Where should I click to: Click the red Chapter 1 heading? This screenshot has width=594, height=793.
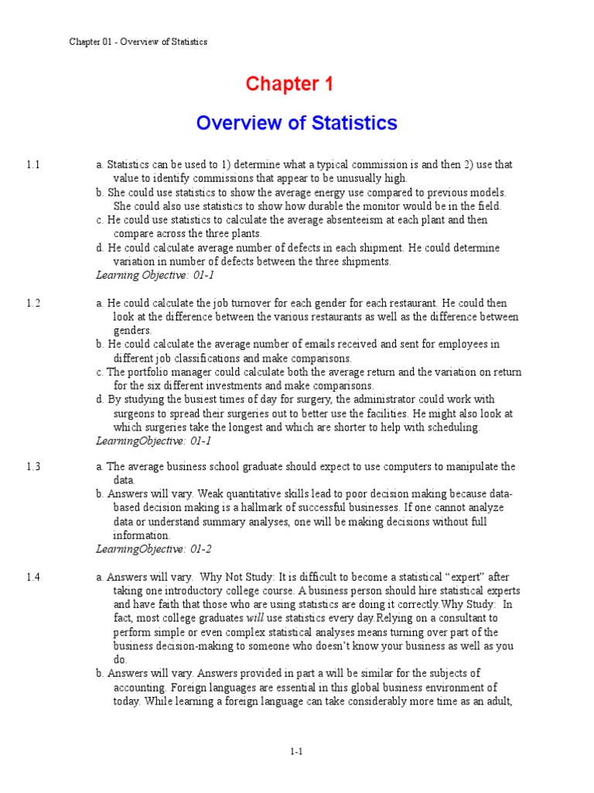289,84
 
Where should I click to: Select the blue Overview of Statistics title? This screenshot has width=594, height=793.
296,123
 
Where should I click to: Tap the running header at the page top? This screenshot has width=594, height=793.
138,42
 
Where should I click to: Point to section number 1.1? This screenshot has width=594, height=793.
32,165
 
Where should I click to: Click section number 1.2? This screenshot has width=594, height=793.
32,304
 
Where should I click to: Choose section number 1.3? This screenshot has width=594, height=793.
32,466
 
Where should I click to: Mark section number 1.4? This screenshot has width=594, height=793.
32,577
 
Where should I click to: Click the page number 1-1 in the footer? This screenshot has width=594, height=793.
296,751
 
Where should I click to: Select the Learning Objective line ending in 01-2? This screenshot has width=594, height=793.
153,549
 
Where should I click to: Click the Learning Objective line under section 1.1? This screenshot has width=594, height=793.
153,275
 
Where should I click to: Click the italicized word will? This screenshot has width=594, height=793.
255,618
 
